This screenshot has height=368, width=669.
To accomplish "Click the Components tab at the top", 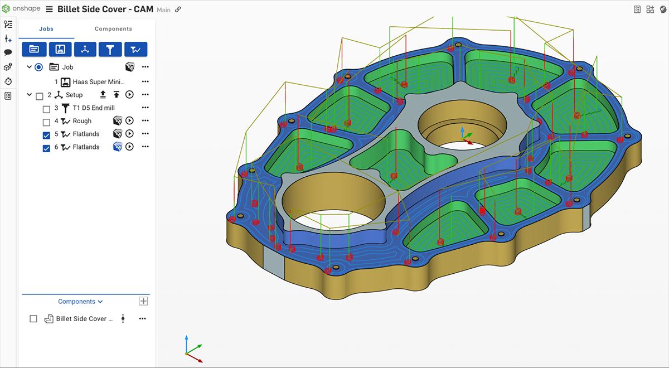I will [x=113, y=29].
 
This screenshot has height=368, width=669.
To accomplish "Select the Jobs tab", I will [x=46, y=29].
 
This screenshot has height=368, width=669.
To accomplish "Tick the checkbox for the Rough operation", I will [x=47, y=122].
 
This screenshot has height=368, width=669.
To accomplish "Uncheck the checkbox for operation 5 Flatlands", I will [x=47, y=134].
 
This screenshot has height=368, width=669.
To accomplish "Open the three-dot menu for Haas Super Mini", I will [x=145, y=82].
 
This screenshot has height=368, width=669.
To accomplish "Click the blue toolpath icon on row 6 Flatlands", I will [x=118, y=147].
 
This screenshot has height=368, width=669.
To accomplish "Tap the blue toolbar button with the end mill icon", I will [x=110, y=49].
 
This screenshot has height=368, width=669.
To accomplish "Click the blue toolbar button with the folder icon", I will [x=34, y=49].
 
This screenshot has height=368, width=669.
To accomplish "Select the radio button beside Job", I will [x=38, y=67].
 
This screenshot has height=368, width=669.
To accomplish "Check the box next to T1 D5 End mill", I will [x=47, y=109].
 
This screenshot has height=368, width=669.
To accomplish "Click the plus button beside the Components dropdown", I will [x=143, y=301].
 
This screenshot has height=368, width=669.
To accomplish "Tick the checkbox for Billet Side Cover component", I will [x=33, y=319].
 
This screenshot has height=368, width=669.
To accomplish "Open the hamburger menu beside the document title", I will [x=50, y=9].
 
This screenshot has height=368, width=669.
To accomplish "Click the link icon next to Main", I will [x=178, y=10].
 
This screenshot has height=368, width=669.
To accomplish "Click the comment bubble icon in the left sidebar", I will [x=8, y=52].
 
